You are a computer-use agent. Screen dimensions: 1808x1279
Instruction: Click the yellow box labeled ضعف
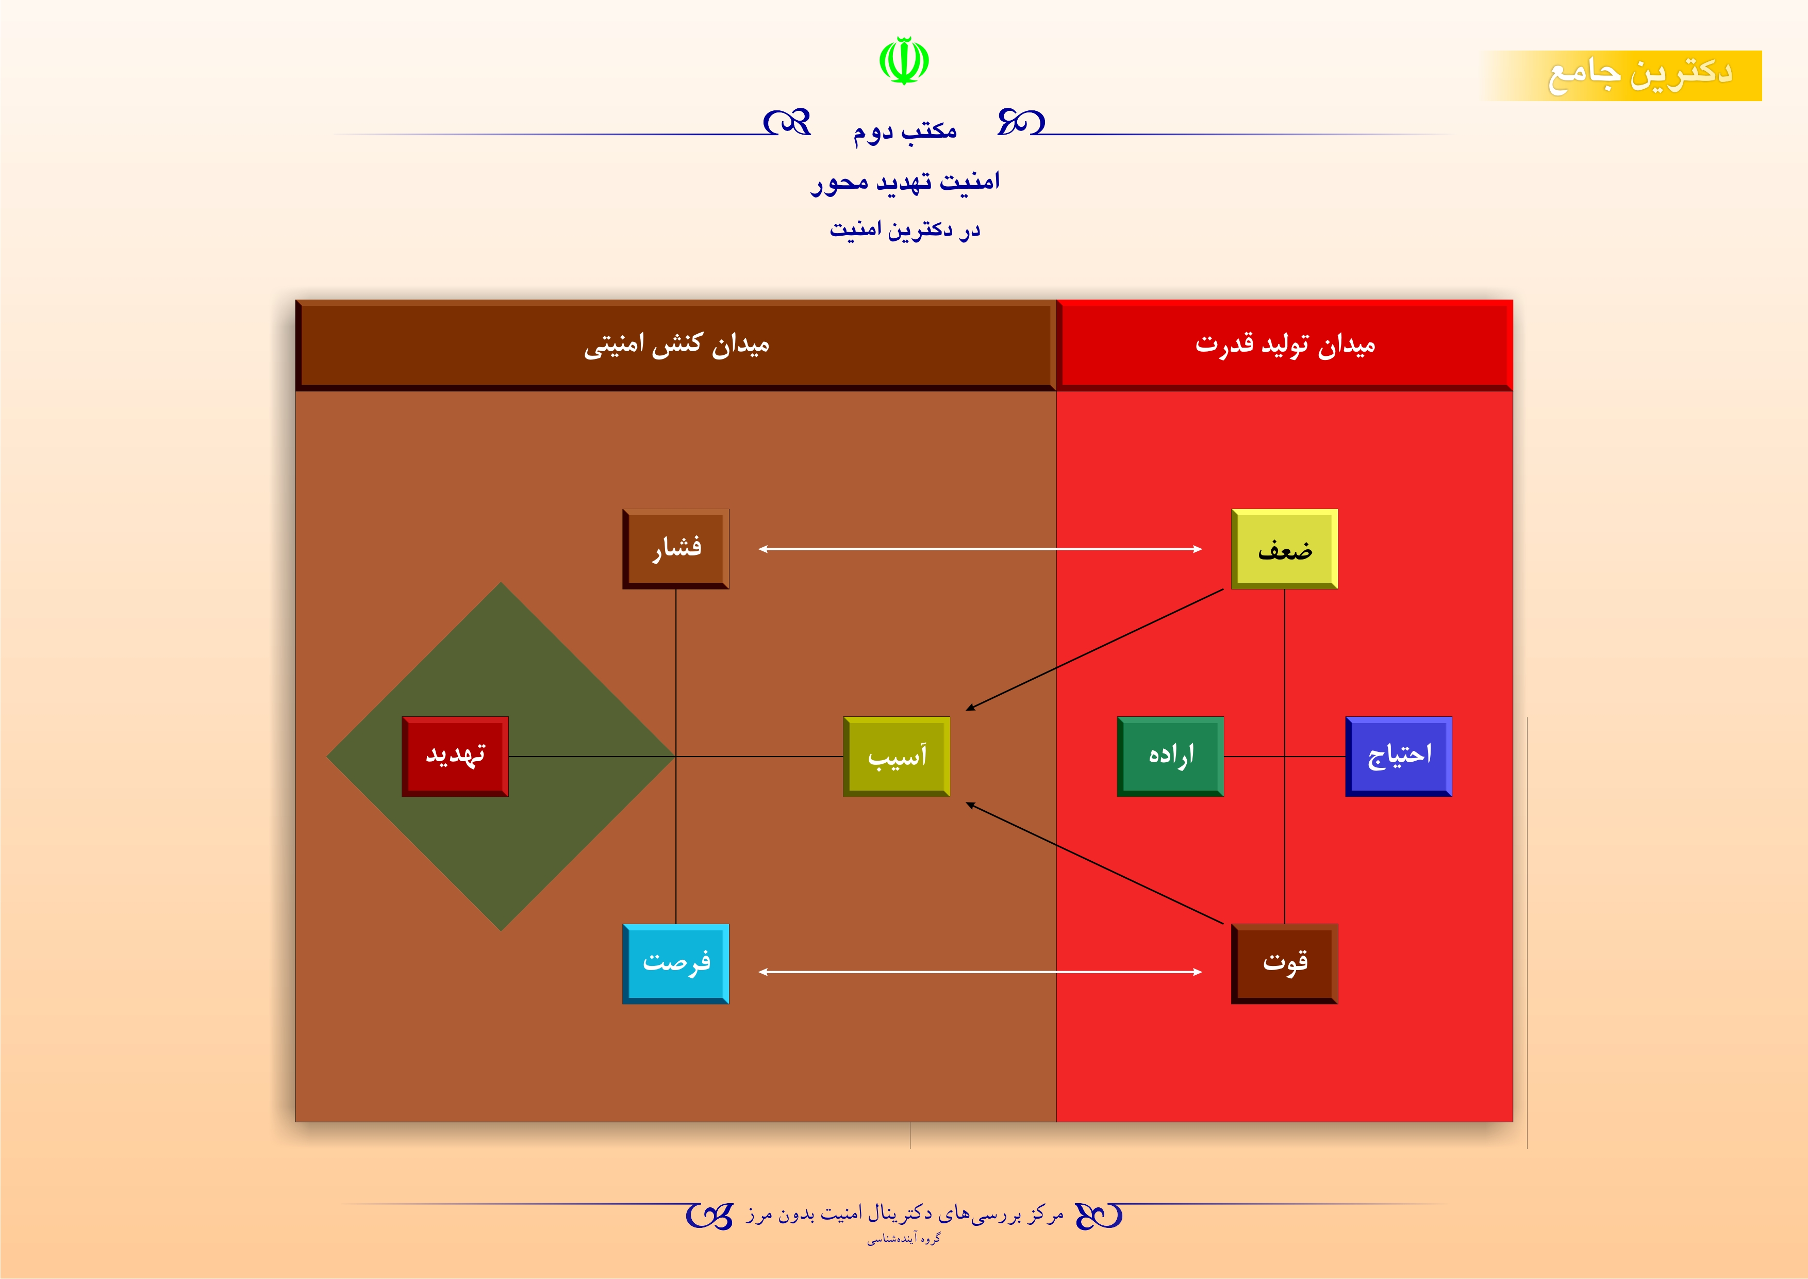point(1284,549)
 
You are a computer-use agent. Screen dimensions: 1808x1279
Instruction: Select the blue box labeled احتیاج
point(1399,756)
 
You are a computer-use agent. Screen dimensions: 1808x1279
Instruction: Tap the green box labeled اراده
point(1170,756)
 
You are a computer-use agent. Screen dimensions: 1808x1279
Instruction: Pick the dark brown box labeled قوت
point(1284,963)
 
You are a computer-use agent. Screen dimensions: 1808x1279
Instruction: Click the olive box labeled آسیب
point(896,756)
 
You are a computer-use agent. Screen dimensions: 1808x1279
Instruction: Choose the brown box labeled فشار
point(676,549)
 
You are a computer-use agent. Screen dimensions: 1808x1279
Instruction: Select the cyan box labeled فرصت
point(676,963)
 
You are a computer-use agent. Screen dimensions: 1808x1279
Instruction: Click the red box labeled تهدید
point(455,756)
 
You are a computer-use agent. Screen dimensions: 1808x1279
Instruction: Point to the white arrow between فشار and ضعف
point(981,549)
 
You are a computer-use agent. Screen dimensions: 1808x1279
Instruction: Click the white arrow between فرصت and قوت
point(981,972)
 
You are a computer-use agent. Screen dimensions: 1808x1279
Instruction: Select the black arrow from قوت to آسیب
point(1094,863)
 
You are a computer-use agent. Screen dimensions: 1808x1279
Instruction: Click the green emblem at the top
point(904,61)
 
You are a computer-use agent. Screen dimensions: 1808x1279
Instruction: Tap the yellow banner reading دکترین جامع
point(1622,76)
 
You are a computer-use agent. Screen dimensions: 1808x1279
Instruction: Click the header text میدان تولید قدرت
point(1285,344)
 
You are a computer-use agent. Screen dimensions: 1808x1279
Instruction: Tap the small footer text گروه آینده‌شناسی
point(904,1239)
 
